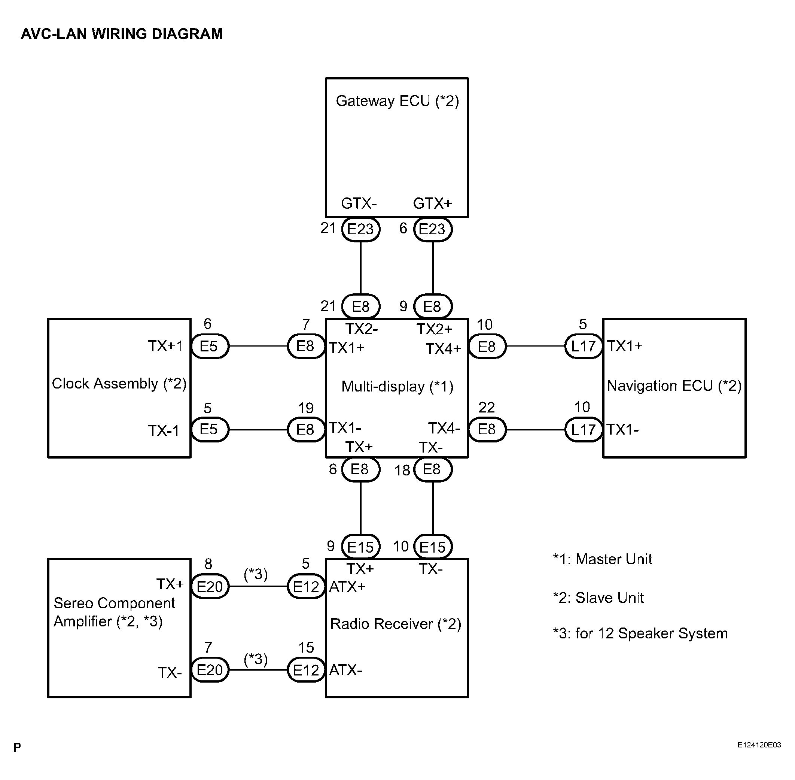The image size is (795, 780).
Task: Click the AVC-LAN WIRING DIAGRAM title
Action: pyautogui.click(x=122, y=34)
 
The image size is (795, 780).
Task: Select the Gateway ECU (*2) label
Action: pyautogui.click(x=397, y=101)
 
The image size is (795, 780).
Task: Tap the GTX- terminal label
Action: pyautogui.click(x=359, y=203)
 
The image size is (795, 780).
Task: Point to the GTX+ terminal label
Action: pyautogui.click(x=432, y=203)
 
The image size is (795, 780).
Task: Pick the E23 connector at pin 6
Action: pyautogui.click(x=433, y=229)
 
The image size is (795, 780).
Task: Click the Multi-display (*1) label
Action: pyautogui.click(x=397, y=386)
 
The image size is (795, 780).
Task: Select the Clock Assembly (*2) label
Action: pyautogui.click(x=119, y=384)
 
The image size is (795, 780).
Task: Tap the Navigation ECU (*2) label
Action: pyautogui.click(x=674, y=386)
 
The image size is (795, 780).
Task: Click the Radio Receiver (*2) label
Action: pyautogui.click(x=396, y=624)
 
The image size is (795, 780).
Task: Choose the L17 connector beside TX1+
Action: pyautogui.click(x=584, y=347)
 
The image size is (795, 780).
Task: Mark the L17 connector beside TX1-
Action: pyautogui.click(x=584, y=430)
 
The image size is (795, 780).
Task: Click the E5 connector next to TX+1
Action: pyautogui.click(x=209, y=347)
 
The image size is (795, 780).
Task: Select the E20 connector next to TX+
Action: pyautogui.click(x=210, y=587)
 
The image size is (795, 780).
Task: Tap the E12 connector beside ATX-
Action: pyautogui.click(x=306, y=670)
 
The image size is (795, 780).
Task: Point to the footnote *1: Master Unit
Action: pyautogui.click(x=602, y=559)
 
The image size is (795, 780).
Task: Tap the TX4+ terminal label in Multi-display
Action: pyautogui.click(x=443, y=349)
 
